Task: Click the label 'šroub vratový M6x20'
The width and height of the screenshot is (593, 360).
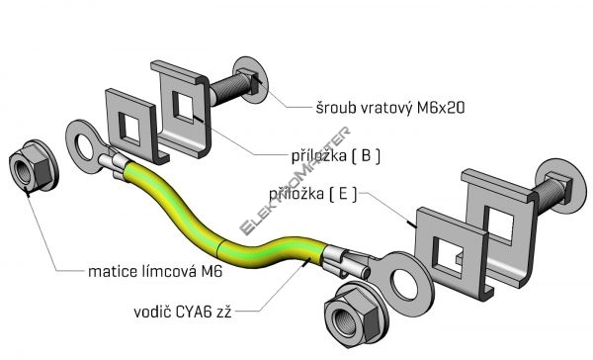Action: coord(390,108)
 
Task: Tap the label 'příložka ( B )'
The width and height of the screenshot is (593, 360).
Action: coord(336,156)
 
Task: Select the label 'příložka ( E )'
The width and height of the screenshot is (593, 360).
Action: coord(312,194)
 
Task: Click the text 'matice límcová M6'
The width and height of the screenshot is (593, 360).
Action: coord(155,271)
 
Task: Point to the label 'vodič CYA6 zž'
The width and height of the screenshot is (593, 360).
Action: coord(182,312)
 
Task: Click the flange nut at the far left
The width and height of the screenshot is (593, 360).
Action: coord(34,166)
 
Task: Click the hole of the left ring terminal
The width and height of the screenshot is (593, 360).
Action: coord(84,147)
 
